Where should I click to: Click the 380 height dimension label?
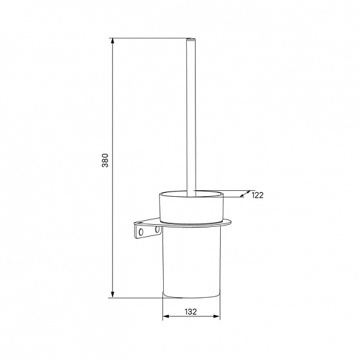coord(105,160)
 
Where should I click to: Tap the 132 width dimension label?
coord(191,312)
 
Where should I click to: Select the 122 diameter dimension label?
coord(258,195)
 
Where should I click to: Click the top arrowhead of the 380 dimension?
coord(112,40)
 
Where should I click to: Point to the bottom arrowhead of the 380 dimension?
coord(112,294)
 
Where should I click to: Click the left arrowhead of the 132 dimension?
coord(166,316)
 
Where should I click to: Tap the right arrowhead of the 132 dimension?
coord(217,316)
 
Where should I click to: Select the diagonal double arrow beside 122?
coord(245,194)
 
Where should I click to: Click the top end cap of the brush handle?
coord(191,38)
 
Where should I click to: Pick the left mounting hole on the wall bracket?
coord(141,232)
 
